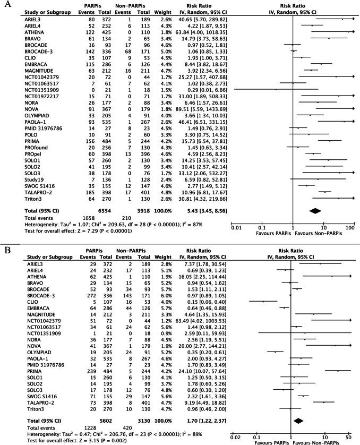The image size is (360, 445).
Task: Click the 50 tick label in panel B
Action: (x=348, y=437)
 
